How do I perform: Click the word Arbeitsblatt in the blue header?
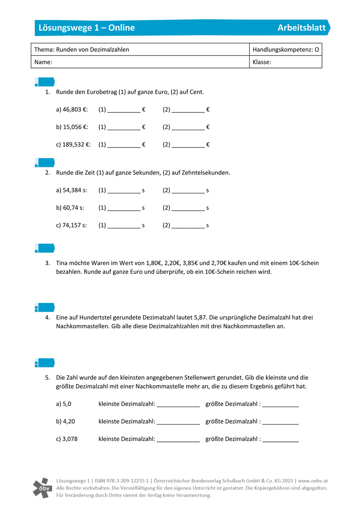click(x=301, y=28)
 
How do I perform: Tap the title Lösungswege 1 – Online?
click(x=87, y=28)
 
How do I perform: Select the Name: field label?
click(x=44, y=62)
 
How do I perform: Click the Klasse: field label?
click(x=262, y=62)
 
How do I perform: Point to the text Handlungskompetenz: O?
click(x=286, y=50)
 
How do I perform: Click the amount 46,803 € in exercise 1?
click(x=75, y=110)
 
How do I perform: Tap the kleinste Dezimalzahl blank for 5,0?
click(x=178, y=405)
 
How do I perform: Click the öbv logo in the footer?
click(x=42, y=488)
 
